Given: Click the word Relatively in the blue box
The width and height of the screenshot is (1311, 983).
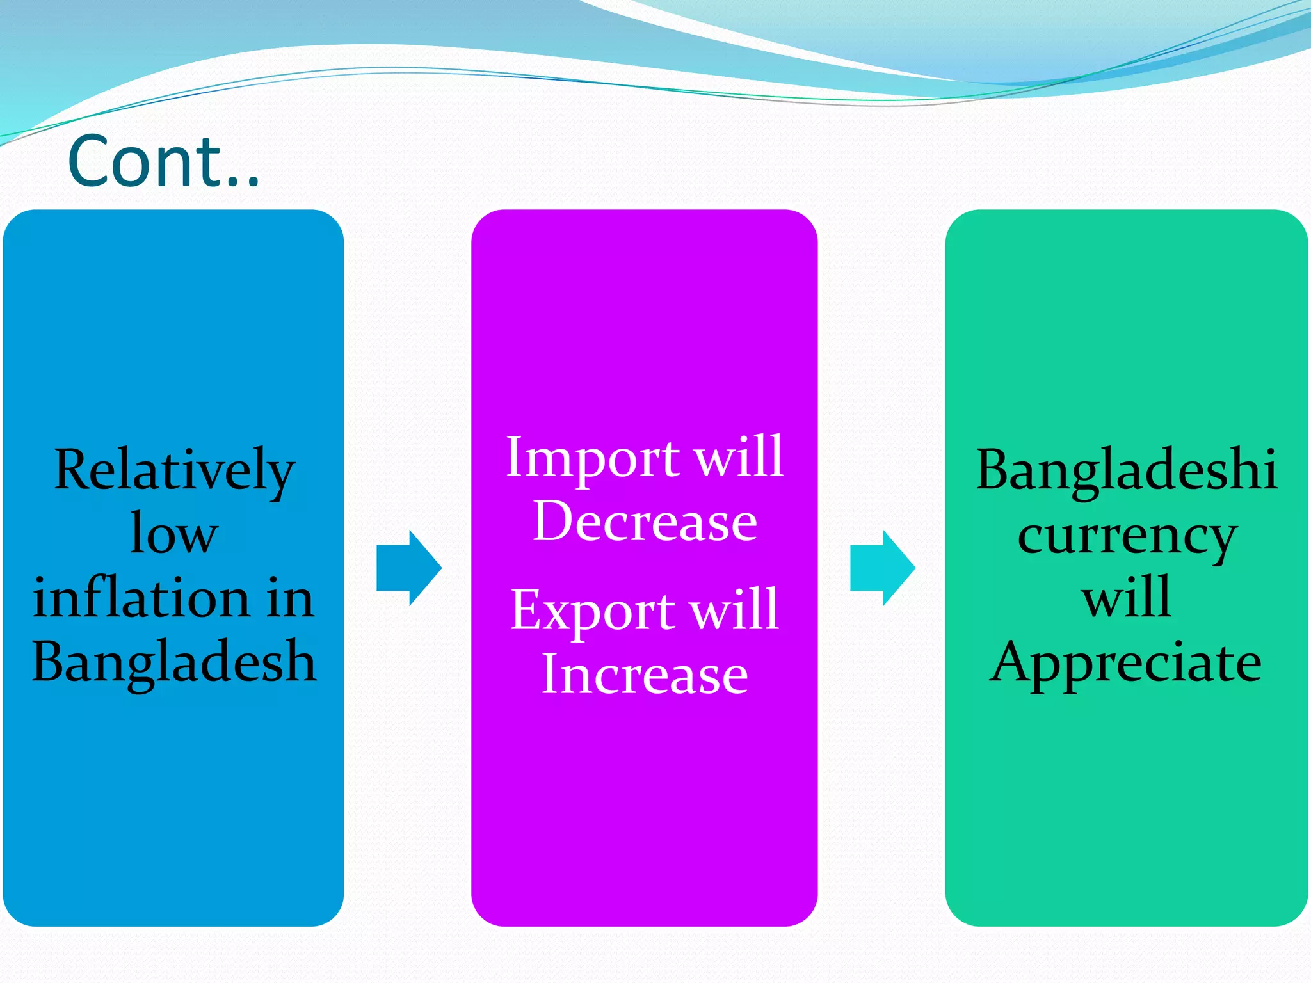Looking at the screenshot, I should click(174, 470).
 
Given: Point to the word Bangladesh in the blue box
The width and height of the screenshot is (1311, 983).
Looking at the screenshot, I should click(174, 662).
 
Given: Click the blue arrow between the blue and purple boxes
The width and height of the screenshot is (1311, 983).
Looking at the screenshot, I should click(408, 568).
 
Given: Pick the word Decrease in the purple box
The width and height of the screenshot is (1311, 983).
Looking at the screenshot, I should click(645, 522).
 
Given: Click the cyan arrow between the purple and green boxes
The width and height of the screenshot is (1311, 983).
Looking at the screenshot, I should click(882, 568).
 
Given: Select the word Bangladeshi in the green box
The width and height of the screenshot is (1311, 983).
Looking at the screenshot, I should click(1127, 470).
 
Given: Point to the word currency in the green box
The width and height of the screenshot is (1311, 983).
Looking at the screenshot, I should click(1127, 536).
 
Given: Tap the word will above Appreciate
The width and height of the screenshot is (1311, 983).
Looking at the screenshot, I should click(1127, 597).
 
